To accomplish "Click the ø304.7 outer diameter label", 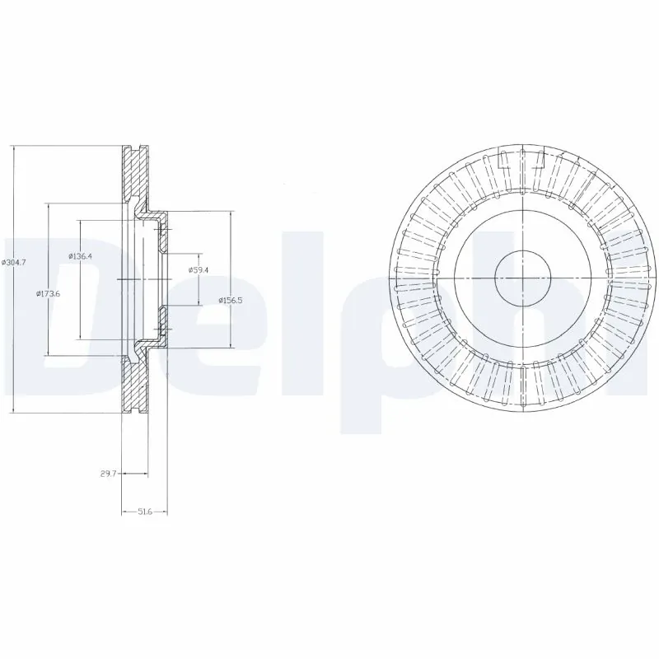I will (x=15, y=262).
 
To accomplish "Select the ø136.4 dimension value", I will (x=80, y=256).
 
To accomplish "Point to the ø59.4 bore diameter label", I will (x=198, y=269).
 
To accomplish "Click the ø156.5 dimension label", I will (x=230, y=300).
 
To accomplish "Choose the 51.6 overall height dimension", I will (x=144, y=512).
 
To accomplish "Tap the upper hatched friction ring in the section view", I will (x=134, y=173).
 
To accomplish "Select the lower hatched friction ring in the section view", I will (x=134, y=387).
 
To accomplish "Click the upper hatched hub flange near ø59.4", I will (x=164, y=236).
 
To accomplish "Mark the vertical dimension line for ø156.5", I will (x=230, y=247).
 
